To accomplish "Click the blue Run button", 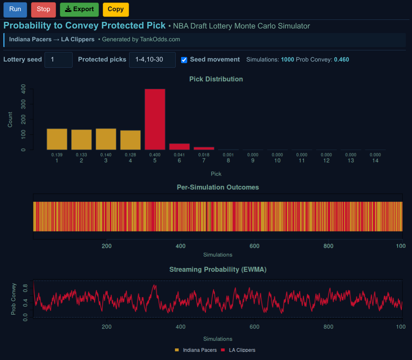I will click(x=15, y=9).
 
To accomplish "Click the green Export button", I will click(x=79, y=9).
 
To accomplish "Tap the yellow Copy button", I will click(x=115, y=9).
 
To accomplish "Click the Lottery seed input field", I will click(x=59, y=59).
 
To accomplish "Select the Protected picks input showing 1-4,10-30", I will click(x=152, y=59).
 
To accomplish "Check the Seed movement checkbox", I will click(x=184, y=60).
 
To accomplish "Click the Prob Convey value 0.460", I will click(x=341, y=59).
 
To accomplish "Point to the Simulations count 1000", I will click(x=287, y=59).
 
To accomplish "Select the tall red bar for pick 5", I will click(x=155, y=119).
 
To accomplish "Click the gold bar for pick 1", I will click(x=57, y=139).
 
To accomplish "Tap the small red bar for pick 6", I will click(x=179, y=147).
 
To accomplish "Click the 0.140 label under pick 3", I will click(x=106, y=155).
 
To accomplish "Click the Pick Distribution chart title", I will click(x=216, y=79).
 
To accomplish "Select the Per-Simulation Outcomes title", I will click(x=218, y=187).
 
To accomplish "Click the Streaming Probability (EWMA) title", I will click(x=218, y=270).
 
